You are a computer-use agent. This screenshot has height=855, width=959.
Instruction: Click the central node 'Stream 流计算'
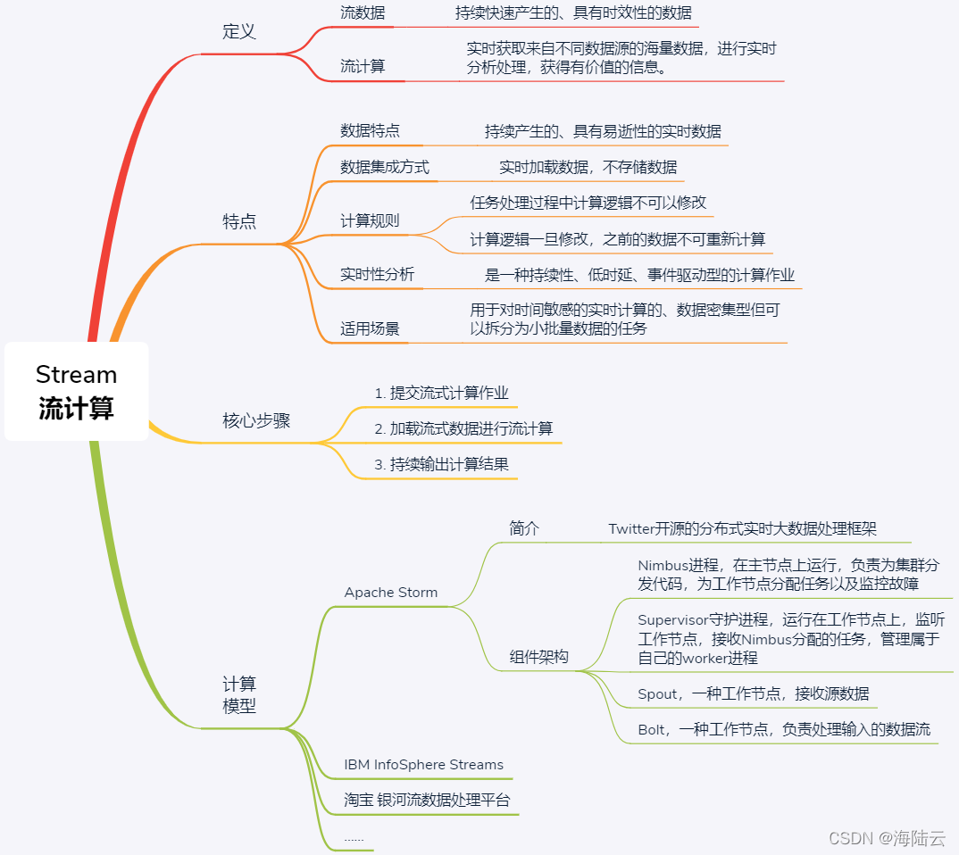76,391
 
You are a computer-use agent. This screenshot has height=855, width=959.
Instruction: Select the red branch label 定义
238,32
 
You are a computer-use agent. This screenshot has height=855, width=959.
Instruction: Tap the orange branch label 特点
238,222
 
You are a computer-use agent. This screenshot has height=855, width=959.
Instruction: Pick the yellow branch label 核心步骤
256,421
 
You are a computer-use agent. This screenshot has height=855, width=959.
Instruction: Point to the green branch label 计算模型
238,694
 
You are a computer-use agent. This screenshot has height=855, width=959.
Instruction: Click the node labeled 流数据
363,13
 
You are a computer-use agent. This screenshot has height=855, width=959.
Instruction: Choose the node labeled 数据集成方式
384,167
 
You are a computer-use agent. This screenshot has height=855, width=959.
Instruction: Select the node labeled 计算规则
370,221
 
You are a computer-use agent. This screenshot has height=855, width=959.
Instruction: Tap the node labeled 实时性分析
377,275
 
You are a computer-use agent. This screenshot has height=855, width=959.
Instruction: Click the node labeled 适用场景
370,328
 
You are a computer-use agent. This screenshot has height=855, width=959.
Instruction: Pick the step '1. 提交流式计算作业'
441,393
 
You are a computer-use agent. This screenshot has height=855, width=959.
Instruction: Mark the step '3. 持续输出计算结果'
441,464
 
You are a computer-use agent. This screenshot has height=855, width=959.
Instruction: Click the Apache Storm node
391,593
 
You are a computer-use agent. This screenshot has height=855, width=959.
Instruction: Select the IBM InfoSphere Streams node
423,765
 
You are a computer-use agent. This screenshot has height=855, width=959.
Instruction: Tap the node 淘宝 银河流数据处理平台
427,801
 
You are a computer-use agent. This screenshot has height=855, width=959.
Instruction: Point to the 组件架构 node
538,657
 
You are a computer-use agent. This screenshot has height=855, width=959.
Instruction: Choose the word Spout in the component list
657,694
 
